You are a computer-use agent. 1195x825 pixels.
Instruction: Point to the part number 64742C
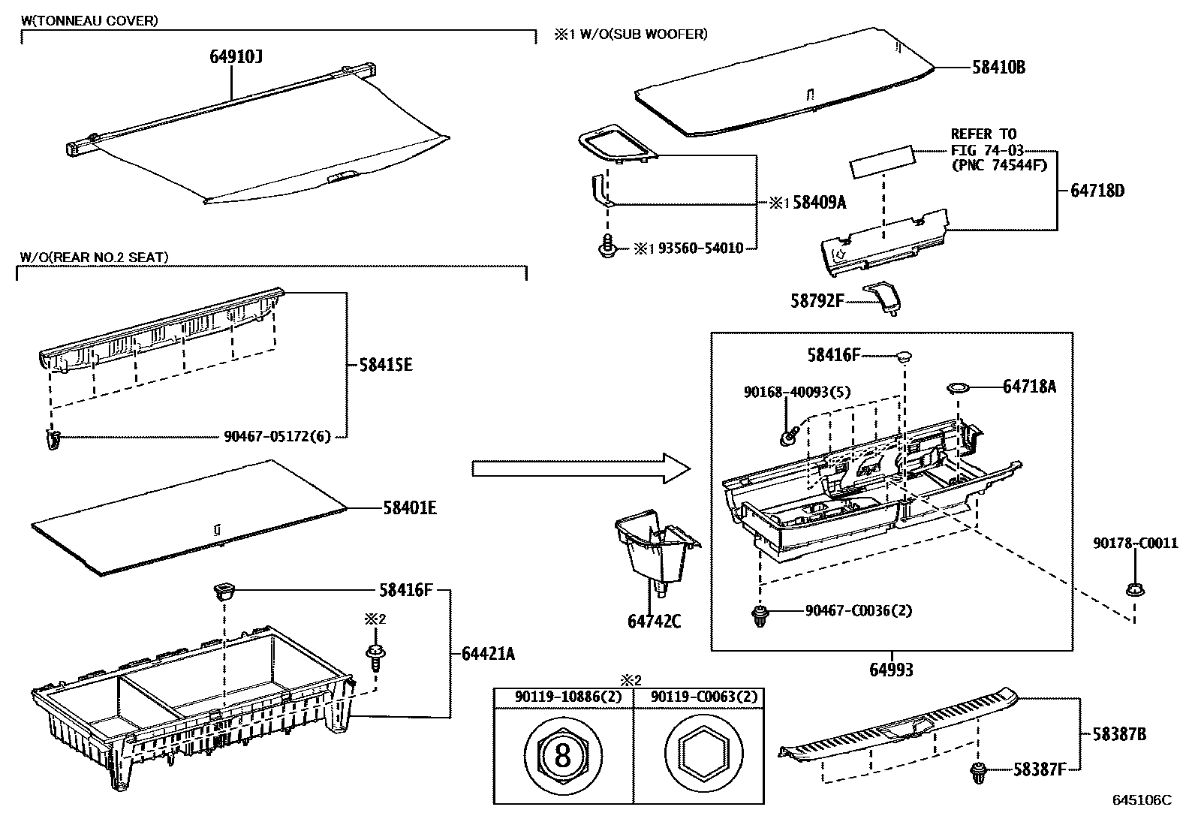pyautogui.click(x=654, y=622)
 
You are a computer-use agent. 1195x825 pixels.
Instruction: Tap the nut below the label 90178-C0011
pyautogui.click(x=1134, y=589)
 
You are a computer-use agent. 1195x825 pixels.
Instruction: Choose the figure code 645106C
pyautogui.click(x=1142, y=800)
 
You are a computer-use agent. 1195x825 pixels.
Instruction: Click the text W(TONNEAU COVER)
pyautogui.click(x=90, y=21)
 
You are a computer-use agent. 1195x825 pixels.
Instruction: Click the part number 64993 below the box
pyautogui.click(x=892, y=669)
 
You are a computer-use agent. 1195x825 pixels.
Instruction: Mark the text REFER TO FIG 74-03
pyautogui.click(x=986, y=143)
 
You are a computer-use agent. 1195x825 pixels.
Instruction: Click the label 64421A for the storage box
pyautogui.click(x=489, y=654)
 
